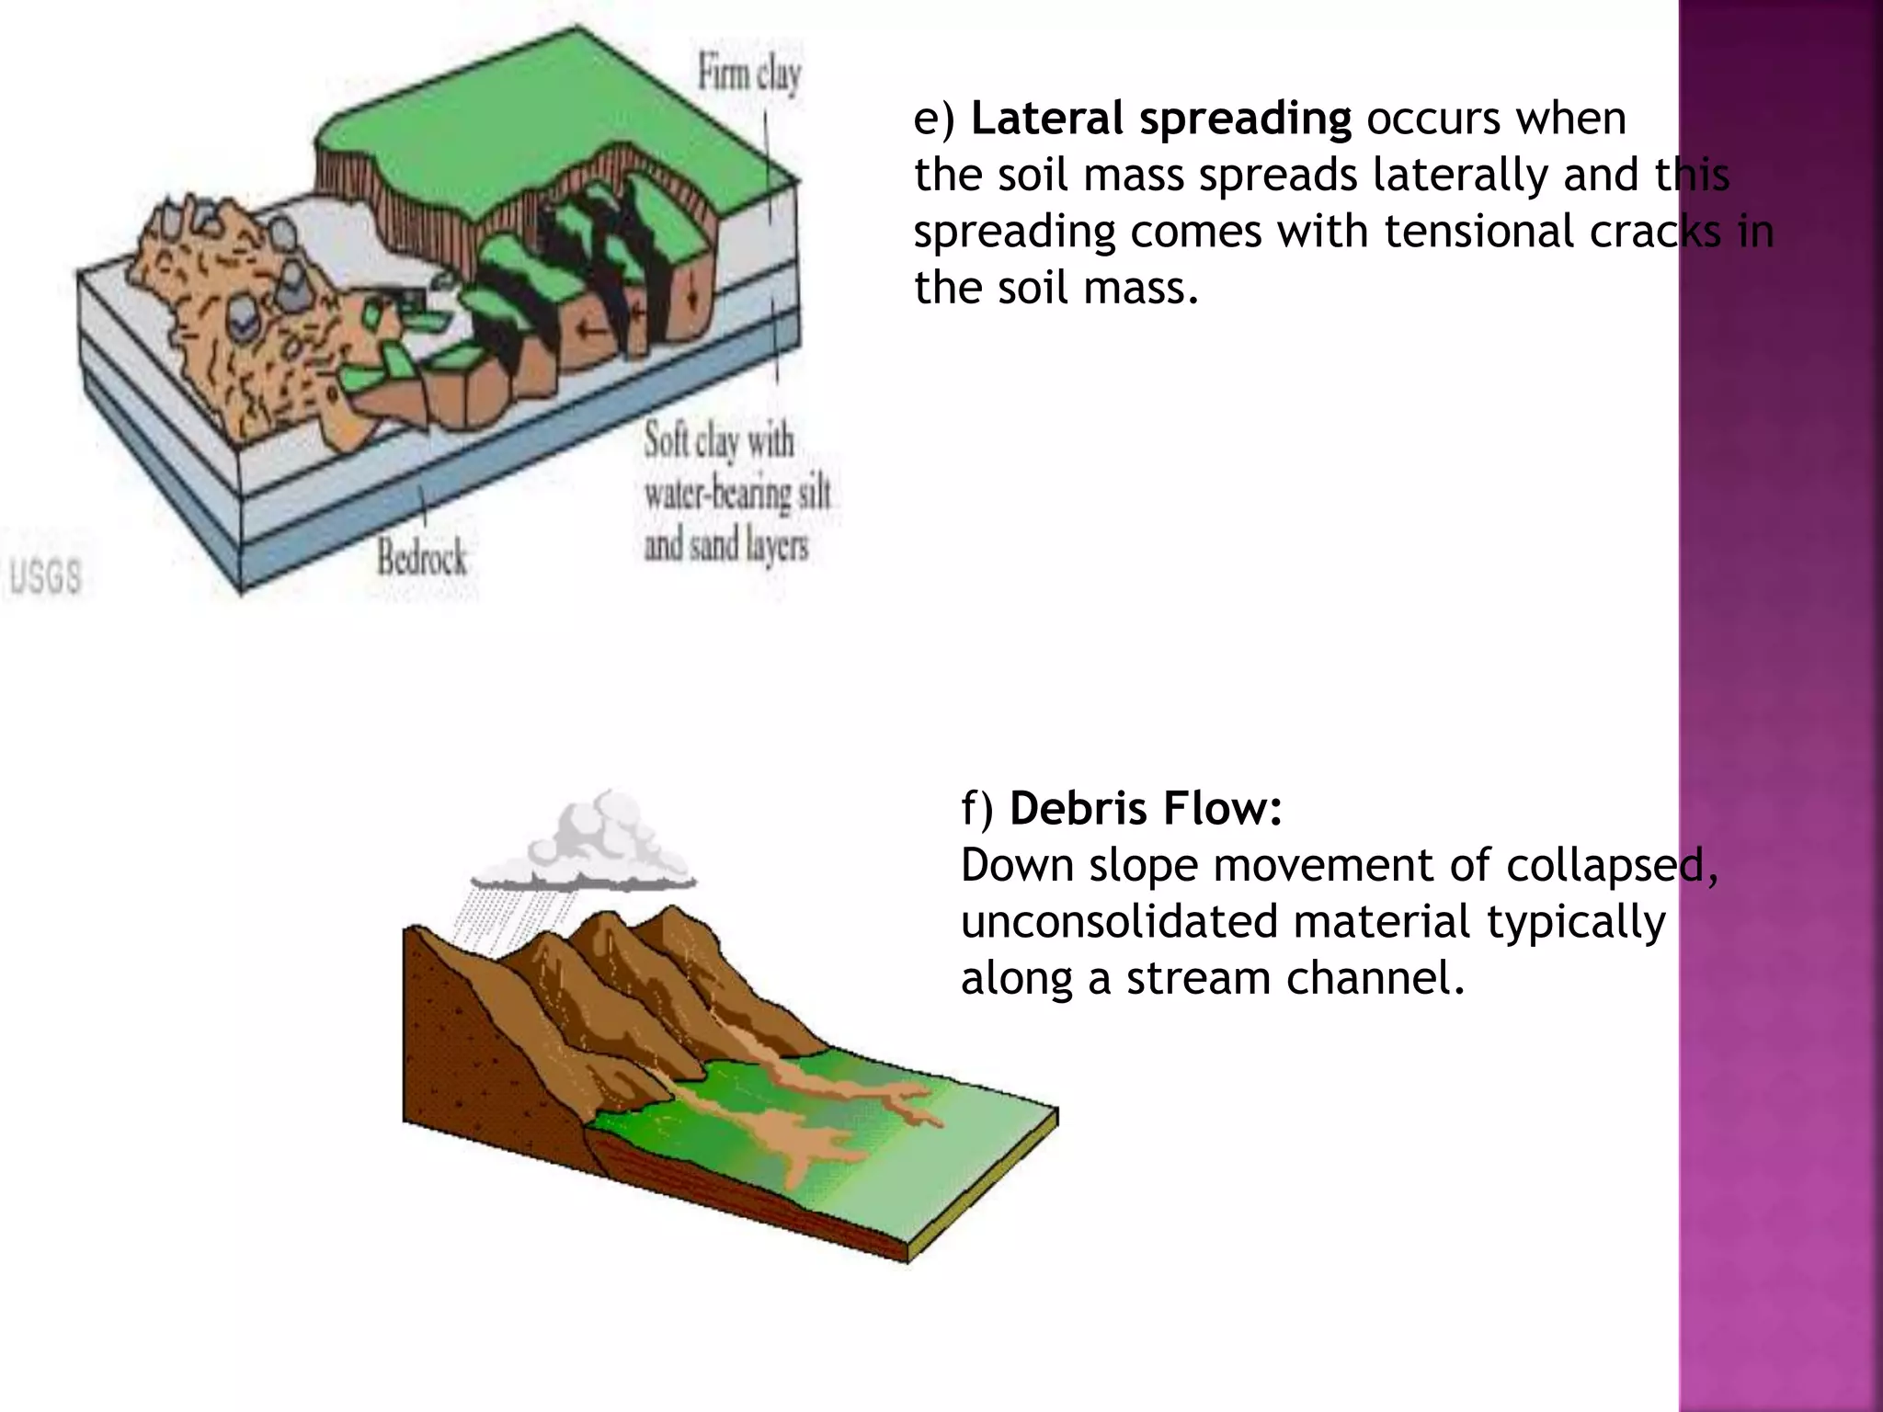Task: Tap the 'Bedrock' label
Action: (x=421, y=557)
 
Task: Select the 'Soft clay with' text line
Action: (x=718, y=441)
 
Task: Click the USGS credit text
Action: (x=44, y=577)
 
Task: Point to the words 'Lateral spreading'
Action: (x=1160, y=119)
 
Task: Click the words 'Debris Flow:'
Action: (x=1146, y=809)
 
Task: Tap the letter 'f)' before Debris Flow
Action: (x=977, y=809)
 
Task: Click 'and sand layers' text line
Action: (x=725, y=546)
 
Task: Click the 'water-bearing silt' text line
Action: (x=736, y=495)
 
